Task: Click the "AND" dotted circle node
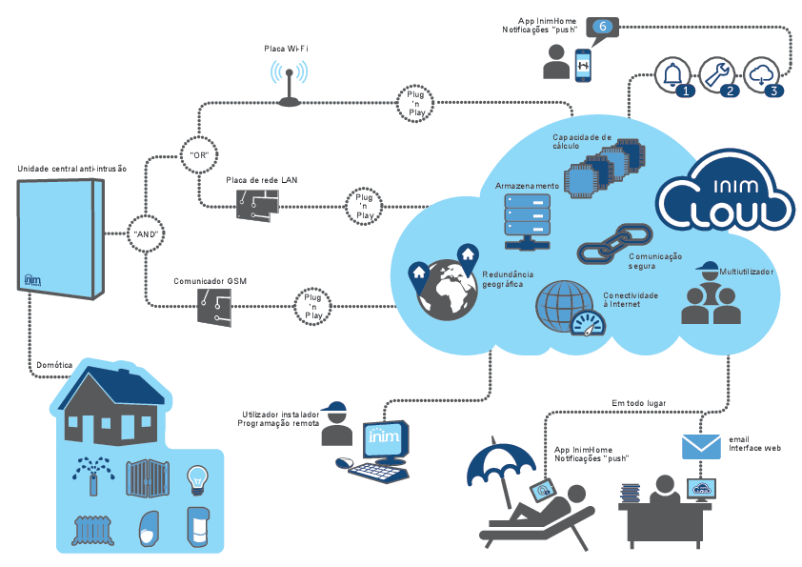pyautogui.click(x=146, y=233)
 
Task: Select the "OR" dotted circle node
pyautogui.click(x=199, y=154)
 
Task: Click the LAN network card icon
pyautogui.click(x=258, y=205)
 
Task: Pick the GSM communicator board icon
pyautogui.click(x=214, y=308)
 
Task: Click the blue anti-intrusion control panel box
pyautogui.click(x=61, y=238)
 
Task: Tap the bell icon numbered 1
pyautogui.click(x=673, y=75)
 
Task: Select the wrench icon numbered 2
pyautogui.click(x=717, y=75)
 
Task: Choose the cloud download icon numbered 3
pyautogui.click(x=761, y=75)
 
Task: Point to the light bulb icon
pyautogui.click(x=197, y=479)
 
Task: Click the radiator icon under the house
pyautogui.click(x=93, y=530)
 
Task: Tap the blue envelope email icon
pyautogui.click(x=701, y=447)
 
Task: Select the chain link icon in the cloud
pyautogui.click(x=614, y=244)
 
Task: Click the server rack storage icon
pyautogui.click(x=528, y=222)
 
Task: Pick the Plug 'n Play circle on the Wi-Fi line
pyautogui.click(x=416, y=103)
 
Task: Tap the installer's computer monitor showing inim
pyautogui.click(x=386, y=440)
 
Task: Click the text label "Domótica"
pyautogui.click(x=54, y=365)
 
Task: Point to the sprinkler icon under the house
pyautogui.click(x=93, y=476)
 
